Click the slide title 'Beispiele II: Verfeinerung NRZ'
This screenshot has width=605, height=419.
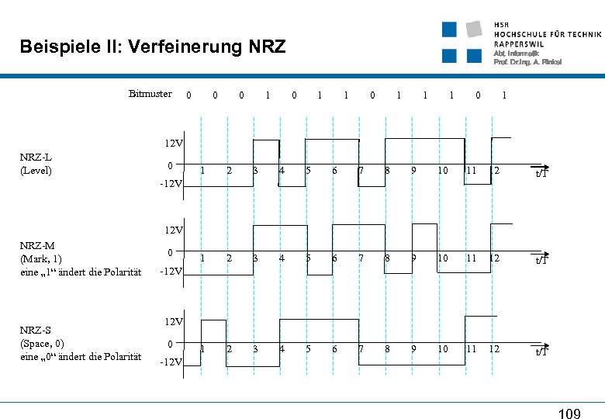point(153,47)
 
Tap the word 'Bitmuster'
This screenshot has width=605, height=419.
point(150,94)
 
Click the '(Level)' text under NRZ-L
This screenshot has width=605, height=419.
point(36,170)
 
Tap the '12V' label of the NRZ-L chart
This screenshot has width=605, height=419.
point(173,144)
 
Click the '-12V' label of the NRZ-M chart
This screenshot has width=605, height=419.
point(171,272)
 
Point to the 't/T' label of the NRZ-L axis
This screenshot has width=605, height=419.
point(541,173)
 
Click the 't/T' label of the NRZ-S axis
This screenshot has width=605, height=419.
point(541,351)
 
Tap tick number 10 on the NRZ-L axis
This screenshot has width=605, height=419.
point(442,171)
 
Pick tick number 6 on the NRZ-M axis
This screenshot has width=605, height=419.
point(334,258)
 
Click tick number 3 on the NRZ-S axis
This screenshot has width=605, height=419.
point(255,349)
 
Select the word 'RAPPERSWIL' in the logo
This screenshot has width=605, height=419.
point(520,43)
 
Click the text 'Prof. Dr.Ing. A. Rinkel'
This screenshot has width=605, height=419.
point(527,62)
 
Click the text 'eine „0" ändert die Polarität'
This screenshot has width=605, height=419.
point(81,356)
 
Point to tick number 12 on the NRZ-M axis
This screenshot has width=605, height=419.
point(494,258)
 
